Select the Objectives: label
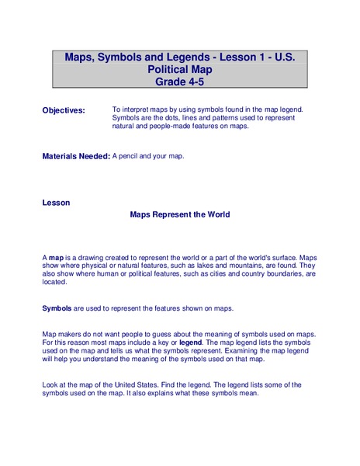(64, 111)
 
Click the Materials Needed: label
(76, 156)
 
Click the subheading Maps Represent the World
(179, 215)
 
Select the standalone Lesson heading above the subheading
(56, 203)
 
